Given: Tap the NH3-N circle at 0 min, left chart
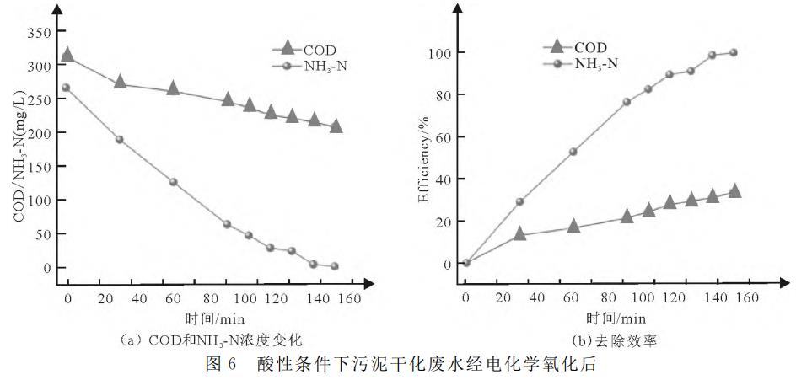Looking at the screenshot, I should tap(67, 88).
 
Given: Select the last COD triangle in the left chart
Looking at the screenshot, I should tap(336, 126).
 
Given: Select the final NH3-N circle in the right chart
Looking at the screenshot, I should tap(733, 53).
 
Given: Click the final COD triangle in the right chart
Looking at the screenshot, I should tap(734, 191).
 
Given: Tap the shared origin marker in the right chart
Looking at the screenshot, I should tap(466, 262).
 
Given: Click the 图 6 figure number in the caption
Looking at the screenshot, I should tap(220, 367).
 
